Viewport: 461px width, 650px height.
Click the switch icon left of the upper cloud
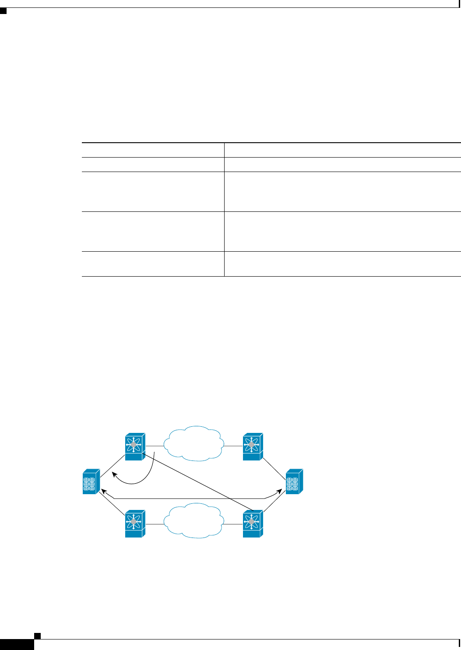coord(135,447)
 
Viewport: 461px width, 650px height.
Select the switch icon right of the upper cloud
coord(252,447)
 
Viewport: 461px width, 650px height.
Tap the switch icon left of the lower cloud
coord(135,524)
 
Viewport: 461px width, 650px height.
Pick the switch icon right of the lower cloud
coord(252,524)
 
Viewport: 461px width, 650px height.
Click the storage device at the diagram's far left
coord(91,481)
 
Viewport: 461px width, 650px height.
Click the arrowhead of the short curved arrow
coord(114,474)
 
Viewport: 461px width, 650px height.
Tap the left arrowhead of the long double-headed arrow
coord(103,492)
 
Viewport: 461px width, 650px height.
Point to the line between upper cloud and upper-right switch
coord(232,446)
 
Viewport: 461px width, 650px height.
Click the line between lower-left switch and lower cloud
coord(154,524)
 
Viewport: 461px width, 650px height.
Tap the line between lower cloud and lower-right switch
coord(232,523)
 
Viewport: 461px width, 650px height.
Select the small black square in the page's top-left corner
coord(3,10)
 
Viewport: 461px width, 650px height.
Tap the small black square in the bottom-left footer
coord(37,635)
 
